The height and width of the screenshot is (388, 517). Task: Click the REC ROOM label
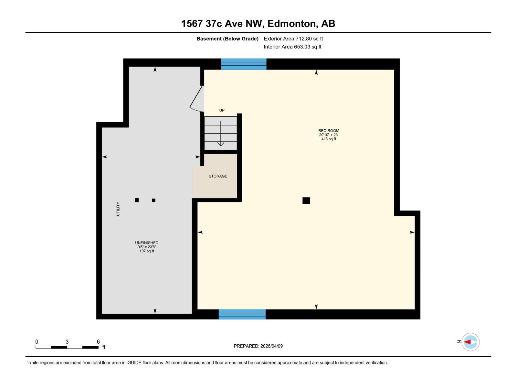click(x=329, y=131)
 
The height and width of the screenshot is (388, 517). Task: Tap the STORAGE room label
click(x=218, y=176)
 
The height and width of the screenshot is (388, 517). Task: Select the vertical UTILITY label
click(x=118, y=209)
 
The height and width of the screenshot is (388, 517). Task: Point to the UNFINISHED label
click(x=147, y=243)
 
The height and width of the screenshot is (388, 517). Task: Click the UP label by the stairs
click(x=222, y=110)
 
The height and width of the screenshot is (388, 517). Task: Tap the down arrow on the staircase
click(x=221, y=134)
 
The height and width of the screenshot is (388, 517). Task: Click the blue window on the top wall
click(x=244, y=64)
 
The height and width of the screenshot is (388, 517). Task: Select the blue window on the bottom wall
click(x=242, y=314)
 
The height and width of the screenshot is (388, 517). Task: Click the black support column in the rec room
click(x=306, y=201)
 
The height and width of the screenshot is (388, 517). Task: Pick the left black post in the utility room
click(x=137, y=200)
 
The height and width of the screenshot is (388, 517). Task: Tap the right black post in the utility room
click(x=153, y=200)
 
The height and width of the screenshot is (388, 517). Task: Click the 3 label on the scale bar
click(x=67, y=342)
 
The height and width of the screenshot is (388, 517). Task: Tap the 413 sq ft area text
click(x=329, y=139)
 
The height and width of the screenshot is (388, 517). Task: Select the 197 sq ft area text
click(x=147, y=251)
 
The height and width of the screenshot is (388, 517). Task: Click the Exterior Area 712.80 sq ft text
click(x=293, y=39)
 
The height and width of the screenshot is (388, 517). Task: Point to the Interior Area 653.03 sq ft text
click(x=292, y=47)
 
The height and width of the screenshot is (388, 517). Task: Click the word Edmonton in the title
click(x=291, y=24)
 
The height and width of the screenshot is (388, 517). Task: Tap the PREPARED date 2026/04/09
click(x=258, y=346)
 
